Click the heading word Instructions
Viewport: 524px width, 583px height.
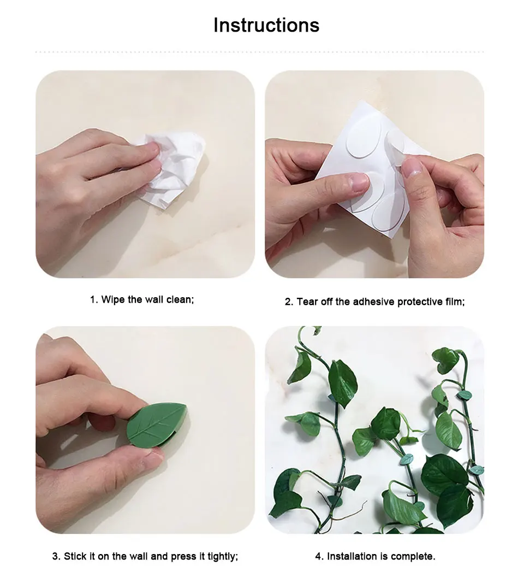(266, 25)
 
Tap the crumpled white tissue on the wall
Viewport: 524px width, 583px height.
(175, 169)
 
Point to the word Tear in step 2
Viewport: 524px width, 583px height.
(307, 302)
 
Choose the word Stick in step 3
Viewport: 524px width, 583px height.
(74, 557)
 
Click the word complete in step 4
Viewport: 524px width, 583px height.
(415, 557)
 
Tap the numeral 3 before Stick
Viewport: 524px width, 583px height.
(55, 557)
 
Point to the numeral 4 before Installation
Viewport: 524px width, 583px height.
(318, 557)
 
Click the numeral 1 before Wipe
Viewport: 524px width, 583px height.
(93, 300)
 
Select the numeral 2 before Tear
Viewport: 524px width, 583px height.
(288, 302)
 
